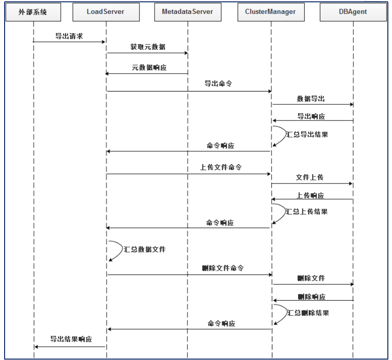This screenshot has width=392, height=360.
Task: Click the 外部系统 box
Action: coord(33,11)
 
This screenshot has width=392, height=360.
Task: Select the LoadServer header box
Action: coord(106,11)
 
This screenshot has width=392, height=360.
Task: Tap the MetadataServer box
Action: coord(187,11)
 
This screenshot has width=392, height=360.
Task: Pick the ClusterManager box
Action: coord(271,11)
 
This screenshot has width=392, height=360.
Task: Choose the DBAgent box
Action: coord(353,11)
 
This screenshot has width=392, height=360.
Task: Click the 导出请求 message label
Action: coord(69,36)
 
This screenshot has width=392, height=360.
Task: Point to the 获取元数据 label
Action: coord(147,47)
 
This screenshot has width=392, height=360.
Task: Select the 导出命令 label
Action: coord(218,84)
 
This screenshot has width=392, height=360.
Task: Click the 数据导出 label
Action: coord(311,99)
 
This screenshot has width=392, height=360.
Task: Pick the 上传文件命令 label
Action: coord(221,168)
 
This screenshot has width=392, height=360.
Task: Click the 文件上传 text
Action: coord(310,177)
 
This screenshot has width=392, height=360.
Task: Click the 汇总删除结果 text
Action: coord(308,313)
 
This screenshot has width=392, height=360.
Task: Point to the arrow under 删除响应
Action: coord(313,301)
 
